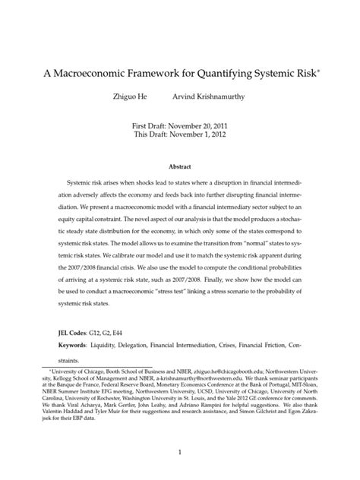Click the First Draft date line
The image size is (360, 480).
point(180,124)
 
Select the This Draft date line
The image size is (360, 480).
point(180,134)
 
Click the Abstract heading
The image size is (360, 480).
point(180,166)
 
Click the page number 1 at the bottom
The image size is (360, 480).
point(180,453)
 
